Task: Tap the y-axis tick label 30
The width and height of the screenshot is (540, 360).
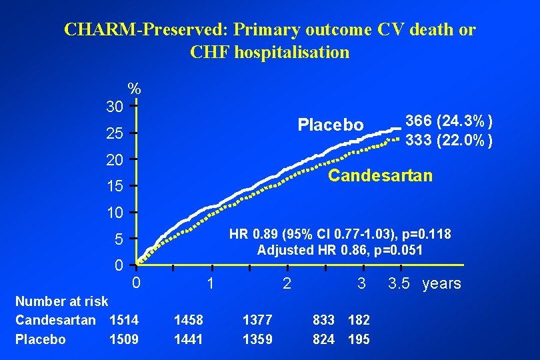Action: [114, 107]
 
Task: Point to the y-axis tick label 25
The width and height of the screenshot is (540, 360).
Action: [114, 134]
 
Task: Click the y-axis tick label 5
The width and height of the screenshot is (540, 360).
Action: [118, 239]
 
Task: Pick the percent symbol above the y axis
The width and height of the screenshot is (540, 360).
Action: [134, 89]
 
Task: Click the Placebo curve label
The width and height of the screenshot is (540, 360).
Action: [331, 125]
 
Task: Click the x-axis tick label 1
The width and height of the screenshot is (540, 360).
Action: [210, 283]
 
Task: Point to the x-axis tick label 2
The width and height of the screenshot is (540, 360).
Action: [287, 283]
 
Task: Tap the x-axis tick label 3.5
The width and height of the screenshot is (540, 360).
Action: [399, 283]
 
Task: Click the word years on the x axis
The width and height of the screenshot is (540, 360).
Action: [441, 283]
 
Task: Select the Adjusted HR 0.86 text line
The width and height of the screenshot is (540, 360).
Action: [340, 251]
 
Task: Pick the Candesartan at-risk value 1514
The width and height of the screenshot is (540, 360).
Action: [124, 320]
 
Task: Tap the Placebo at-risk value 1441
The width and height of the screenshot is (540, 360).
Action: [189, 339]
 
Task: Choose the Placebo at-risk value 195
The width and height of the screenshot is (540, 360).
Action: [359, 339]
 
